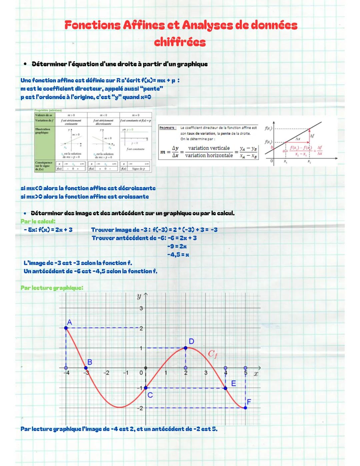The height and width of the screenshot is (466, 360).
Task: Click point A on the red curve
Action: coord(66,328)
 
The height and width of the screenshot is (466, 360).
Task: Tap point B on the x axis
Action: coord(86,368)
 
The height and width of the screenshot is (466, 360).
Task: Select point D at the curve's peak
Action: coord(186,348)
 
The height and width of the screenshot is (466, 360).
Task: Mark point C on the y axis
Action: coord(146,388)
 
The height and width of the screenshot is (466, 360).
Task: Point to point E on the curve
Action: coord(226,388)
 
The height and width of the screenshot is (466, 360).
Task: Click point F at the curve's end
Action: coord(246,408)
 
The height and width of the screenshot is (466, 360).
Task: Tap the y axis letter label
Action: coord(139,296)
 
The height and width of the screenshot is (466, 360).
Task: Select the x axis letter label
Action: coord(256,374)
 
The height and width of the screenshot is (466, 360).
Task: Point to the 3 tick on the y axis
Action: coord(141,308)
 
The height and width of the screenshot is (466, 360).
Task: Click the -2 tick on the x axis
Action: coord(106,373)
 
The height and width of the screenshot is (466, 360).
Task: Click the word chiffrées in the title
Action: coord(180,42)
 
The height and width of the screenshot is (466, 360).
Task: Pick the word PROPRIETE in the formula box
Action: coord(168,128)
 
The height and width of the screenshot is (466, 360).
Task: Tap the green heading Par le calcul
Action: coord(38,221)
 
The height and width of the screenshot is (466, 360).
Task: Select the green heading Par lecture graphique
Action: coord(52,288)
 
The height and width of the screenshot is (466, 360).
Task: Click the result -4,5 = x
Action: coord(178,255)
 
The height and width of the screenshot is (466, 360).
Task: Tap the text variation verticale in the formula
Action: coord(209,148)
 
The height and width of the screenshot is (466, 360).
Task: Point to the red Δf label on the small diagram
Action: coord(312,136)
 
